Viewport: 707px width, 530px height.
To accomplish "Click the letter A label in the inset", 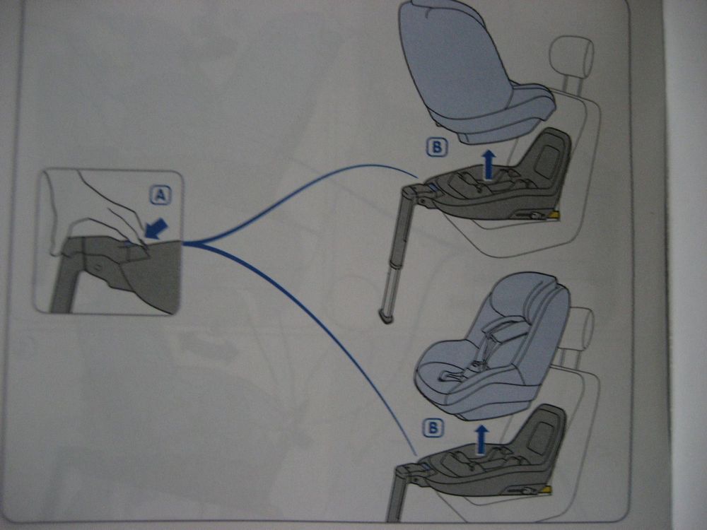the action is click(x=160, y=196).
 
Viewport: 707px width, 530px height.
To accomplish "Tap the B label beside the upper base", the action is click(x=436, y=148).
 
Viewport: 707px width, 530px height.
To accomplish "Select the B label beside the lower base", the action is click(x=433, y=428).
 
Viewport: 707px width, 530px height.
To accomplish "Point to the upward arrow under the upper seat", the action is click(x=488, y=165).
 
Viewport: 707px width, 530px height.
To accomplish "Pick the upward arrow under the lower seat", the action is click(x=481, y=440).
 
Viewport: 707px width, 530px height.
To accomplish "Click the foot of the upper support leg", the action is click(x=387, y=317).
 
